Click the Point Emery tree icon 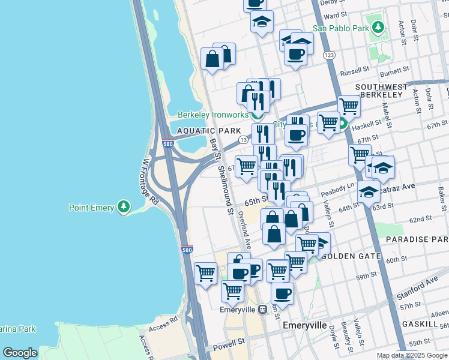pos(124,207)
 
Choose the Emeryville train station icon pos(262,310)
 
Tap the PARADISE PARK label pos(417,239)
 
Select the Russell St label pos(354,73)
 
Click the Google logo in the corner pos(20,353)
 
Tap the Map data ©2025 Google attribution pos(412,355)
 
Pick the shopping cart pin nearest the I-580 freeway pos(206,274)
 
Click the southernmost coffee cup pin pos(282,293)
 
